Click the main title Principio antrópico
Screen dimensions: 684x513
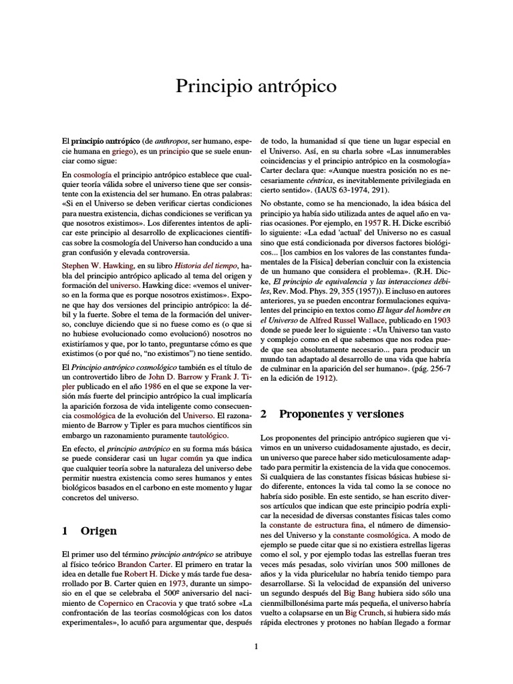(x=256, y=87)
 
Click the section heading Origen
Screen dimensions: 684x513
(x=98, y=531)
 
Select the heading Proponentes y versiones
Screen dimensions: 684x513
(x=341, y=414)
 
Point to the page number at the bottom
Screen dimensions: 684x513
(x=256, y=646)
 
